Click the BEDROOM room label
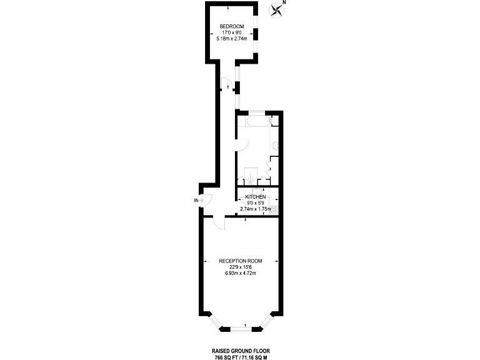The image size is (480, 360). click(x=231, y=26)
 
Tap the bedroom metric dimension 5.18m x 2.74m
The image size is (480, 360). click(x=231, y=39)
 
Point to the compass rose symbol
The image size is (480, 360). click(x=276, y=11)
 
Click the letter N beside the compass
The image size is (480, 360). click(x=284, y=3)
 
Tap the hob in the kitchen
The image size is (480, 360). click(x=274, y=209)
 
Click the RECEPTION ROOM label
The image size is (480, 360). click(x=240, y=261)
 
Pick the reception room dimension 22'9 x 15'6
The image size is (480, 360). click(x=240, y=267)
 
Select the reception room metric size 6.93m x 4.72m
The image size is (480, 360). click(x=240, y=273)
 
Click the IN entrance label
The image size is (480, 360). click(x=196, y=201)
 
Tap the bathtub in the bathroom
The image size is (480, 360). click(x=257, y=121)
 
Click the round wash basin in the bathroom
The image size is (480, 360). click(x=274, y=144)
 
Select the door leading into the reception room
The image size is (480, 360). click(x=216, y=223)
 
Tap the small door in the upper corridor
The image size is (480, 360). click(x=225, y=84)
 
